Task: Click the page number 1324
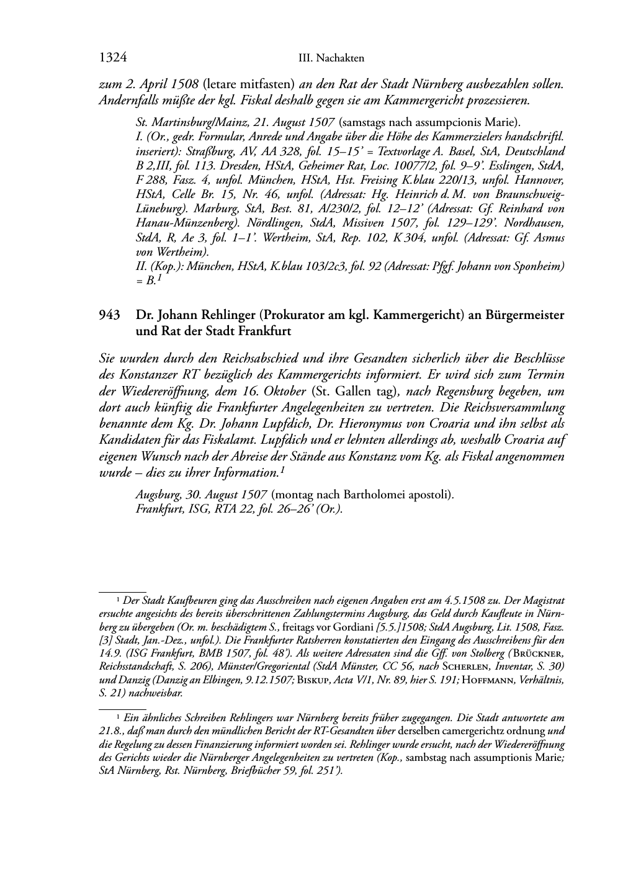pos(113,58)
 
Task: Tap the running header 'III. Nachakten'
pos(331,58)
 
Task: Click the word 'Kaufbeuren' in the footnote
pos(171,601)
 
